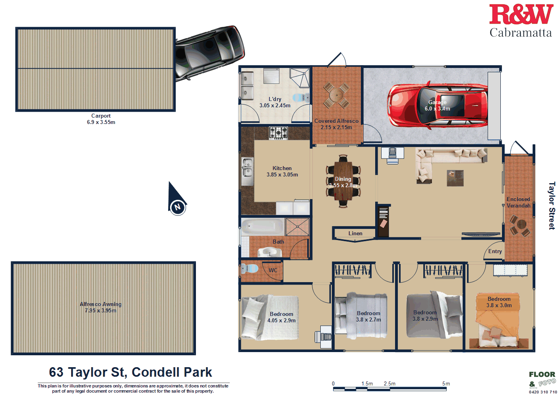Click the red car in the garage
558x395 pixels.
437,105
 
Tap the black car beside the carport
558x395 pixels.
209,52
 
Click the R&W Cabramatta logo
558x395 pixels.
521,21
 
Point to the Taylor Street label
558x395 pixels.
552,205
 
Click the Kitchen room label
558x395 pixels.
282,168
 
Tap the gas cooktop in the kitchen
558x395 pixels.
278,132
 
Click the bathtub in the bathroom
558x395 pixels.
262,227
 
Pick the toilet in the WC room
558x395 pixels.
250,269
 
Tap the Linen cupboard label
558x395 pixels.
355,234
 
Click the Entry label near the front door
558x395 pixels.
495,252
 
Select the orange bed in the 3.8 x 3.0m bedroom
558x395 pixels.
498,324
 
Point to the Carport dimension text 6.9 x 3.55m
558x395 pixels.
101,122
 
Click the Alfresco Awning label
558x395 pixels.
101,304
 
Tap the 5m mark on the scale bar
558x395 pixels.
446,384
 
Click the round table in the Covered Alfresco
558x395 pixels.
336,95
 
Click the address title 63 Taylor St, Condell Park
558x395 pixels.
130,372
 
